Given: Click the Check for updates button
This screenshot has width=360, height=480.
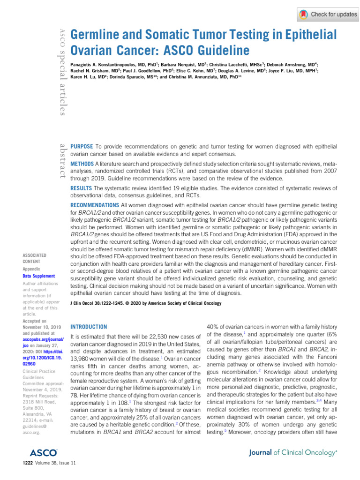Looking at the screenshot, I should click(328, 15).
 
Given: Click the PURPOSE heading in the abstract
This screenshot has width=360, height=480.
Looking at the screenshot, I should click(81, 147).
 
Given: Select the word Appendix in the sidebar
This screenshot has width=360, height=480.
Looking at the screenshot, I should click(32, 270).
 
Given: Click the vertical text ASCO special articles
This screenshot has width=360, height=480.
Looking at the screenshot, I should click(61, 70).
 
